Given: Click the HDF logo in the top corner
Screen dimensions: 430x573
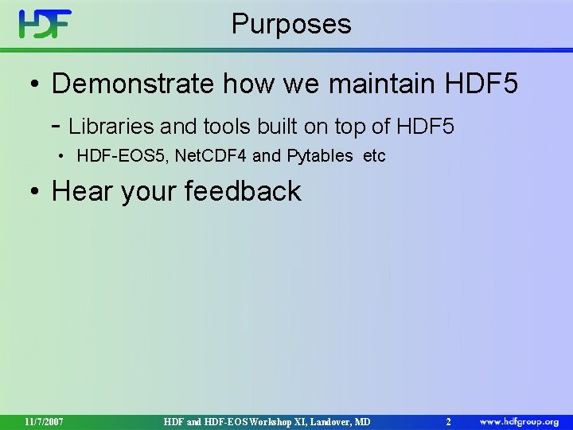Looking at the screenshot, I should (45, 25).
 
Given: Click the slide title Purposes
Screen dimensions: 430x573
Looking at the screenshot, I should (291, 24).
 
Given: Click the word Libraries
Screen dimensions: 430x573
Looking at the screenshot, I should (111, 126).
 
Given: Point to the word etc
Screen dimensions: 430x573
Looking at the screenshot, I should (374, 156).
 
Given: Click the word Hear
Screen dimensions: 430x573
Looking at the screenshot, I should (84, 191).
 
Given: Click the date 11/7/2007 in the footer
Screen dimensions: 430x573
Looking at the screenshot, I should (44, 420).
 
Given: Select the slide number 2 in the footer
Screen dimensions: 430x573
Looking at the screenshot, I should (449, 420).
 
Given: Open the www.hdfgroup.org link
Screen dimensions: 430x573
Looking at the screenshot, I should (519, 420).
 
